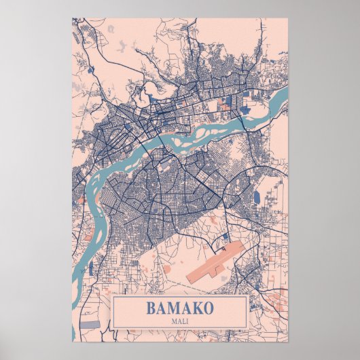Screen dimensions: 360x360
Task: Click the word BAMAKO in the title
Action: pyautogui.click(x=179, y=307)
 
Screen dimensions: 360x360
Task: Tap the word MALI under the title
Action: pyautogui.click(x=179, y=320)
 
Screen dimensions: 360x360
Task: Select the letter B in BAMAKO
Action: pyautogui.click(x=151, y=307)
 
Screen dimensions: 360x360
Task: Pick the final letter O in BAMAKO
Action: pyautogui.click(x=209, y=307)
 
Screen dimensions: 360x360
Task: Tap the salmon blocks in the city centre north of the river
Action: pyautogui.click(x=224, y=105)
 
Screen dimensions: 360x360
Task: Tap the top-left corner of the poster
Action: pyautogui.click(x=73, y=18)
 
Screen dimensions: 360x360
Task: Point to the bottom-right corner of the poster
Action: pyautogui.click(x=287, y=342)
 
